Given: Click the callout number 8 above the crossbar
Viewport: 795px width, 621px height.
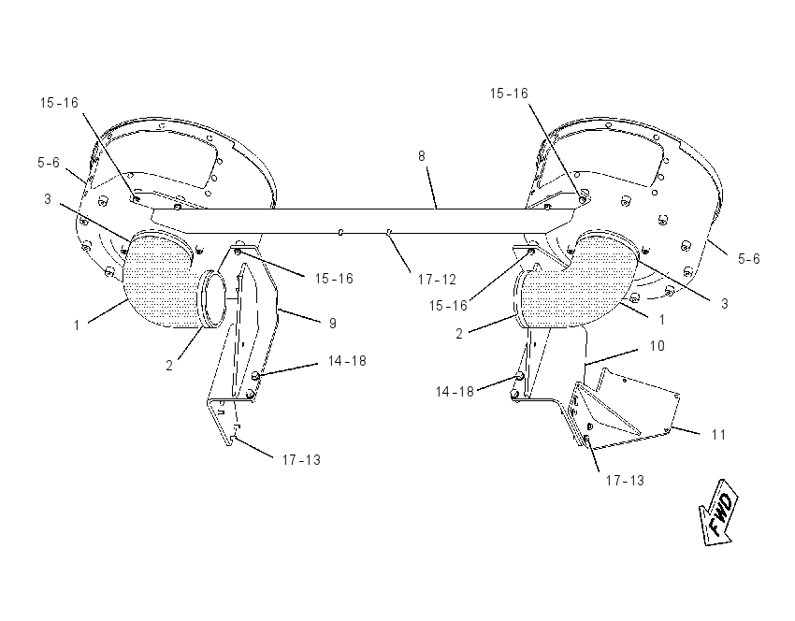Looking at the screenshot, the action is coord(421,156).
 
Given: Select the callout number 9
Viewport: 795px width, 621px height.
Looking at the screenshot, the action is coord(333,324).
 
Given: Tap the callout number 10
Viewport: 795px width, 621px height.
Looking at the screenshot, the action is coord(658,346).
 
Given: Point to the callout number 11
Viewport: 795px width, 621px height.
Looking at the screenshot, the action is coord(718,435).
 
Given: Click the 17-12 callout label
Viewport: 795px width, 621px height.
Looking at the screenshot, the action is coord(437,280).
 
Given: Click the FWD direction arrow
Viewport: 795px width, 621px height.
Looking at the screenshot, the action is coord(719,511).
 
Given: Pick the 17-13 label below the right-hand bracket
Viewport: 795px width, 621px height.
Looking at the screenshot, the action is coord(625,480).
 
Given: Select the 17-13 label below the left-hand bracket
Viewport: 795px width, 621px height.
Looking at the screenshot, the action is coord(301,460).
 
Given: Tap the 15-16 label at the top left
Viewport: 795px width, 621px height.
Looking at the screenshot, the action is coord(59,103).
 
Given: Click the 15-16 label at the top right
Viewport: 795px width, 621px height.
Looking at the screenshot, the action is coord(509,94).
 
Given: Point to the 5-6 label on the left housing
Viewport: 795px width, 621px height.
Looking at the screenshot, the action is coord(49,163).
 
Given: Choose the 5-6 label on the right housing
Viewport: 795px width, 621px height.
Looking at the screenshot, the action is coord(749,259).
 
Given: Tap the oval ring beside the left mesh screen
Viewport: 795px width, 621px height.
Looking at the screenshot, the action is coord(213,299).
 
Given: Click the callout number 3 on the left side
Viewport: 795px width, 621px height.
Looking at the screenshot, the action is coord(47,199).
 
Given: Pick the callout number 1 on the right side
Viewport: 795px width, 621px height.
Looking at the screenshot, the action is coord(661,320).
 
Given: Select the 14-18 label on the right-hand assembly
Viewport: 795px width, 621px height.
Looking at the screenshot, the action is coord(455,391).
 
